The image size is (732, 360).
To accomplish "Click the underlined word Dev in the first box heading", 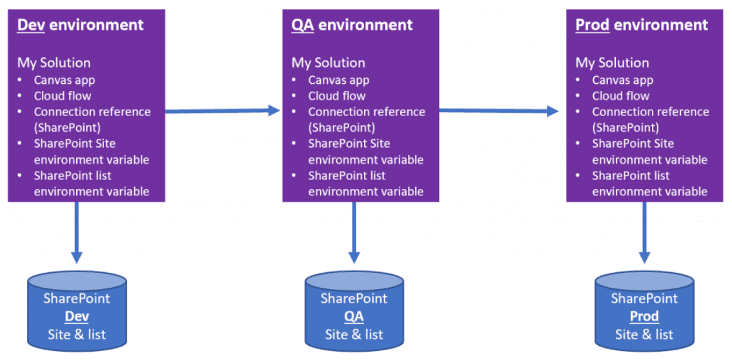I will pyautogui.click(x=30, y=25).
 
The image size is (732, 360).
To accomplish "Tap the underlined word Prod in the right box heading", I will pyautogui.click(x=592, y=25).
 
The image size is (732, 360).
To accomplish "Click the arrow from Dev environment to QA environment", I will pyautogui.click(x=223, y=111).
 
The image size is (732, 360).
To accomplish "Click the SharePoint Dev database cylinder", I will pyautogui.click(x=77, y=308).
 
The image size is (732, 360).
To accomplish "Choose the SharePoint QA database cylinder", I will pyautogui.click(x=354, y=308).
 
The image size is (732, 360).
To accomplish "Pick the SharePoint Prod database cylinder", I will pyautogui.click(x=644, y=308).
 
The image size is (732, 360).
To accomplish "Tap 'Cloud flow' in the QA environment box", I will pyautogui.click(x=337, y=96).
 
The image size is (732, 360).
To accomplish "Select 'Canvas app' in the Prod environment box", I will pyautogui.click(x=622, y=81).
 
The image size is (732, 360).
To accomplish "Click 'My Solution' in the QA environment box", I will pyautogui.click(x=328, y=63).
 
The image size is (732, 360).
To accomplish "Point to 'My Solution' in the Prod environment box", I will pyautogui.click(x=612, y=63).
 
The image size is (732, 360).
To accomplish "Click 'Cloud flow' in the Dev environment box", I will pyautogui.click(x=63, y=96).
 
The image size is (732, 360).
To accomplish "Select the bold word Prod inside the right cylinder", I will pyautogui.click(x=644, y=317).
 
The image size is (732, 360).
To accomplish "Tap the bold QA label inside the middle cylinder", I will pyautogui.click(x=354, y=317).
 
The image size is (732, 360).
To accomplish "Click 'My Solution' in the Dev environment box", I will pyautogui.click(x=54, y=63).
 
